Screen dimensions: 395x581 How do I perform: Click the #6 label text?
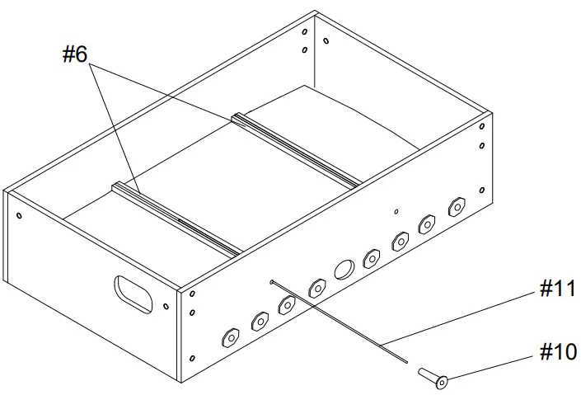[76, 54]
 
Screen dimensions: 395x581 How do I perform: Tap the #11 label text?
[558, 289]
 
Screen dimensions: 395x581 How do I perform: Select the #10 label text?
[558, 352]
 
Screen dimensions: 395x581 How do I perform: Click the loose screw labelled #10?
[433, 377]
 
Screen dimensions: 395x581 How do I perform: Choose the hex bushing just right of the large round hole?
[371, 258]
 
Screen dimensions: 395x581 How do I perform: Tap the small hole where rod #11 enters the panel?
[271, 283]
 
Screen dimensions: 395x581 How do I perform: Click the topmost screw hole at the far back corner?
[304, 32]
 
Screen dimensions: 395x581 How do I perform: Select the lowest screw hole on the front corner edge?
[192, 358]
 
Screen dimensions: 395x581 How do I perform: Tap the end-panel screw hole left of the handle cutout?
[18, 216]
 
